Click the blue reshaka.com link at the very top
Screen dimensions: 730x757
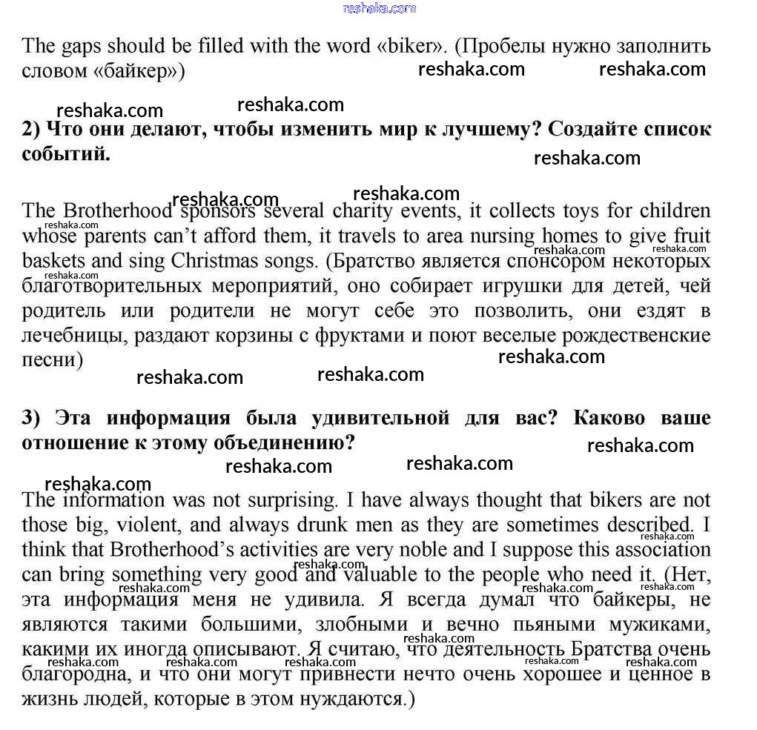tap(380, 8)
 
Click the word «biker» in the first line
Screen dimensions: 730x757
tap(411, 46)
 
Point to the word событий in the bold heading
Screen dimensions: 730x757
tap(66, 154)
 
